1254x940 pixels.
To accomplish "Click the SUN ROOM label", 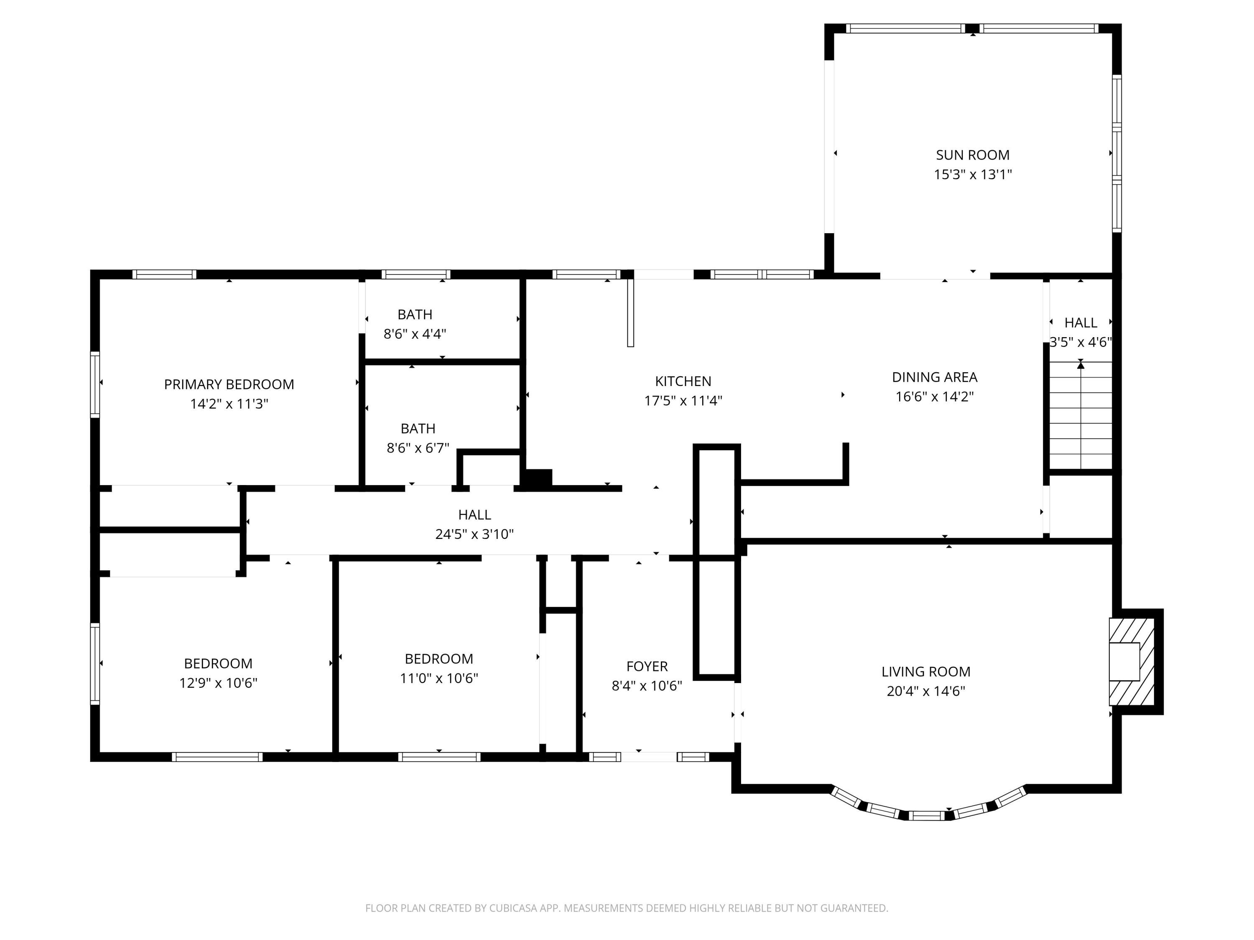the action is point(973,155).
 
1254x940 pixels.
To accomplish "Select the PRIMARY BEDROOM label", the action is point(229,384).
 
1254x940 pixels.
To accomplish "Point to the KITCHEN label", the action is point(683,381).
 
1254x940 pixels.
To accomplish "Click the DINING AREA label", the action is point(935,377).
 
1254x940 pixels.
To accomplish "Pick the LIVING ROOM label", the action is point(926,671).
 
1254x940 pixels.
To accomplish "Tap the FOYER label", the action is point(647,666).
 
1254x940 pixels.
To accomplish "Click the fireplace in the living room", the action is point(1132,661).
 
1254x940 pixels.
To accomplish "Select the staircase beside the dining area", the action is point(1081,415).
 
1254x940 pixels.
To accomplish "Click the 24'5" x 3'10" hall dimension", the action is point(474,534).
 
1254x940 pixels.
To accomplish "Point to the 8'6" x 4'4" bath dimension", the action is point(415,334).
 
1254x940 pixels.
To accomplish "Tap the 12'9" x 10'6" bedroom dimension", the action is point(218,683).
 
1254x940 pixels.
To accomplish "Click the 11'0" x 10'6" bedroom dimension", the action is point(439,678).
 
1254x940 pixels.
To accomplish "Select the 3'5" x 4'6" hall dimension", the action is point(1081,342).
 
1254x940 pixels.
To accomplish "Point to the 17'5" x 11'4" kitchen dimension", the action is point(683,401).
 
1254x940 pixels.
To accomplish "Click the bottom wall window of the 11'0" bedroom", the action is point(439,757).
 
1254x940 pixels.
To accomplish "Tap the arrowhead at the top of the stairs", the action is point(1081,366).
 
